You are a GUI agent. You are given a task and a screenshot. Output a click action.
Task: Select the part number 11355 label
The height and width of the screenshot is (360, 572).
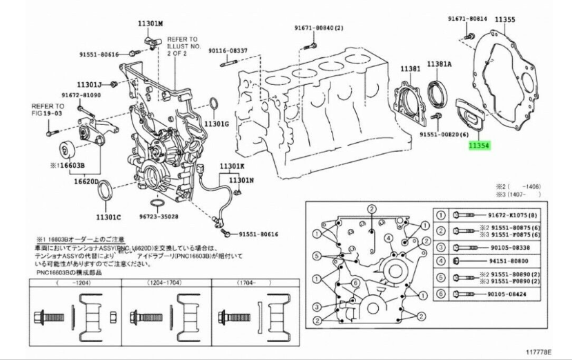[504, 20]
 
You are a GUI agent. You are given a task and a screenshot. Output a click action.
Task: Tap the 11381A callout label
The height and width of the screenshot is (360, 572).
[439, 63]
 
